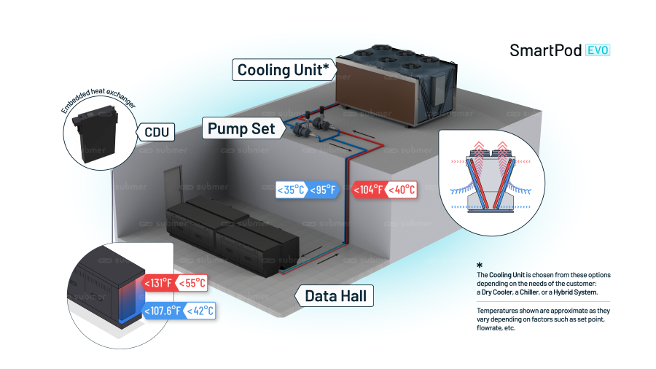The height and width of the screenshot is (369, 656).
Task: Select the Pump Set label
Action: pyautogui.click(x=241, y=128)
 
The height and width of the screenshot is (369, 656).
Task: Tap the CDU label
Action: pyautogui.click(x=157, y=132)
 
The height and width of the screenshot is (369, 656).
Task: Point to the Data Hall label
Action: pyautogui.click(x=335, y=296)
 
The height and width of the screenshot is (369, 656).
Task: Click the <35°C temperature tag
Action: pyautogui.click(x=292, y=190)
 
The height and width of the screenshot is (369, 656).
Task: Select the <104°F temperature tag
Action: pyautogui.click(x=368, y=190)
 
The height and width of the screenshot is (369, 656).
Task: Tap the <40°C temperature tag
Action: pyautogui.click(x=401, y=190)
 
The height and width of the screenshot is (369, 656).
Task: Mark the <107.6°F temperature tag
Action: pyautogui.click(x=163, y=311)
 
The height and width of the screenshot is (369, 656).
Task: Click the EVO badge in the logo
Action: pyautogui.click(x=597, y=50)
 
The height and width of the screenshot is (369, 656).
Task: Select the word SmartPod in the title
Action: pyautogui.click(x=545, y=50)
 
